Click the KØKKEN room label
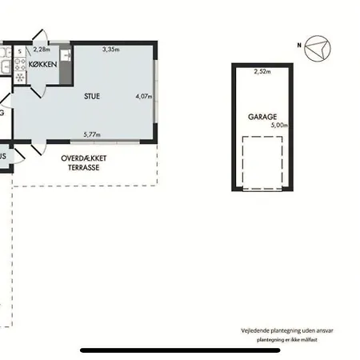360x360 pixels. (x=42, y=64)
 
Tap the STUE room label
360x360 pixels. (x=92, y=96)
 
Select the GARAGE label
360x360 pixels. (x=262, y=117)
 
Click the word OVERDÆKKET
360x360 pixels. (x=84, y=158)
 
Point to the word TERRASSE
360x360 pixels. (x=84, y=167)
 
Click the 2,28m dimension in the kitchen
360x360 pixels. (x=42, y=50)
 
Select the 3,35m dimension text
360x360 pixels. (x=111, y=50)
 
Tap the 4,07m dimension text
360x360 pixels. (x=144, y=96)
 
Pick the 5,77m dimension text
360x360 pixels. (x=92, y=134)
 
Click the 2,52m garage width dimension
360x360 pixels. (x=262, y=71)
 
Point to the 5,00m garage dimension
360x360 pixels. (x=279, y=125)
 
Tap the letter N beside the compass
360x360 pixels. (x=299, y=46)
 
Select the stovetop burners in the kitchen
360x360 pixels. (x=20, y=64)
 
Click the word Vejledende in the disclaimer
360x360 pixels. (x=255, y=330)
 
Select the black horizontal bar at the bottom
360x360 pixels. (x=180, y=350)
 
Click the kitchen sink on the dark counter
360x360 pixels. (x=66, y=55)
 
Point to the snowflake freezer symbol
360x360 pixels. (x=20, y=78)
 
